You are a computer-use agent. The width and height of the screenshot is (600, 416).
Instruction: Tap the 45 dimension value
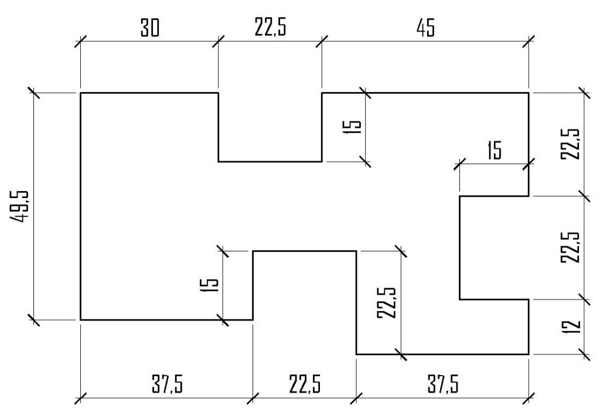pos(426,29)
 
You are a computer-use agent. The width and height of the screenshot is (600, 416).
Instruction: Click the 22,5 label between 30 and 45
pos(271,29)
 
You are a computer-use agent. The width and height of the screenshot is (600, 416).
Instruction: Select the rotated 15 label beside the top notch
pos(353,127)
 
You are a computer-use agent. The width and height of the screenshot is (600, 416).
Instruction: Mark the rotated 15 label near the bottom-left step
pos(212,285)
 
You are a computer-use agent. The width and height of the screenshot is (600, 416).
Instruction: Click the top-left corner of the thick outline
pos(80,93)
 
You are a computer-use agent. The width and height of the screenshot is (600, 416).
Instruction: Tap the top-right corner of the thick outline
pos(529,93)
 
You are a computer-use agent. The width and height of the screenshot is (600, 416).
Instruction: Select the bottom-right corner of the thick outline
pos(529,354)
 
